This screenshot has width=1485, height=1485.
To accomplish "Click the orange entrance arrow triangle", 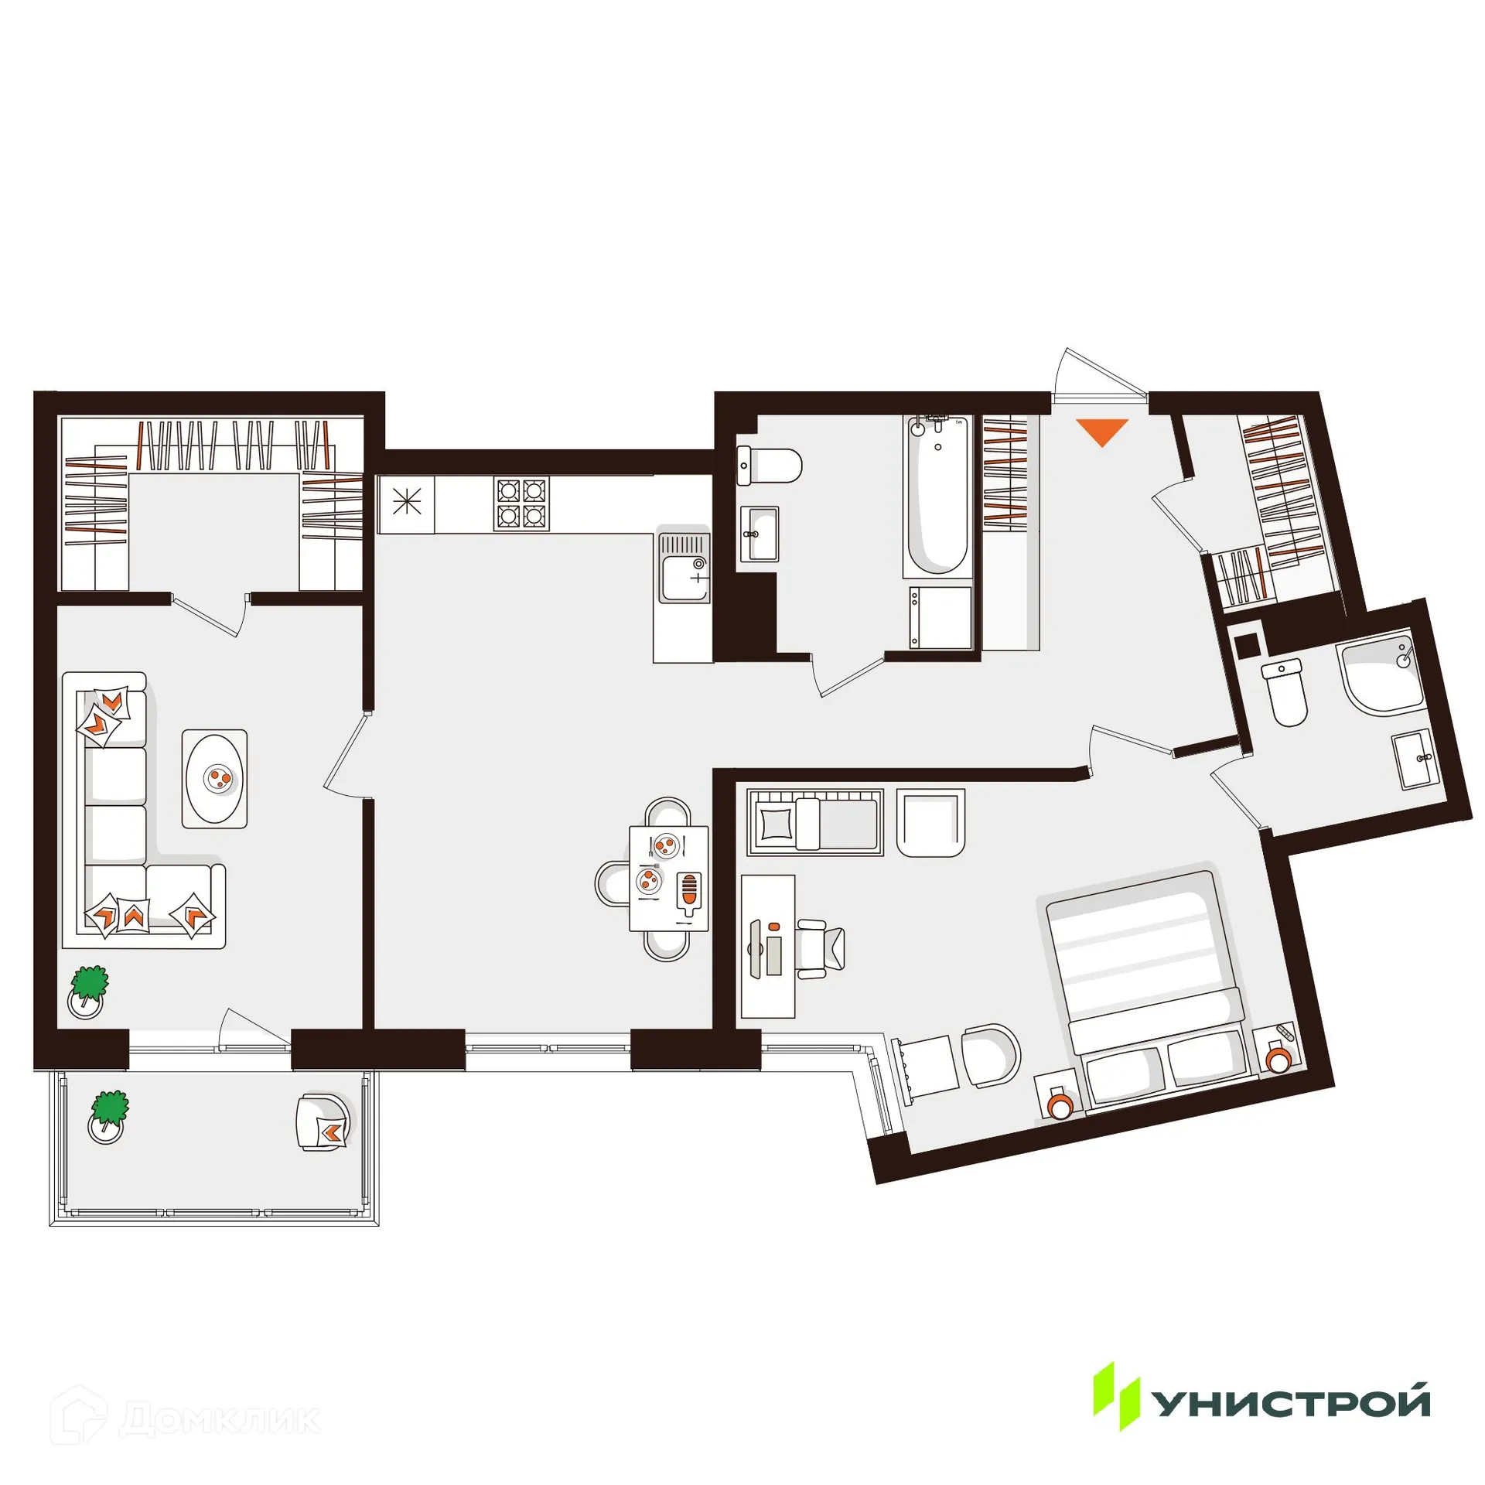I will click(x=1102, y=431).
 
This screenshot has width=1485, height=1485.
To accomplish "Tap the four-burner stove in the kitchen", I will click(x=521, y=504).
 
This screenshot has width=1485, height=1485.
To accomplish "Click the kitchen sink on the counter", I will click(x=684, y=569).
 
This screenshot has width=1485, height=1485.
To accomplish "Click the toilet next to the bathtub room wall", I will click(x=770, y=466).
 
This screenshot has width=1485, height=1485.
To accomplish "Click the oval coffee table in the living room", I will click(x=214, y=779).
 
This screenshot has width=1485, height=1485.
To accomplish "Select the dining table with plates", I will click(x=669, y=879).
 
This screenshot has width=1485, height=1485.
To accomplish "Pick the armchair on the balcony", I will click(x=323, y=1122).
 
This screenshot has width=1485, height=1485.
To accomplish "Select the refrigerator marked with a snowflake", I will click(x=406, y=504).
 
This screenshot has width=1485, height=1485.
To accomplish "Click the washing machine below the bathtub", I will click(x=940, y=617).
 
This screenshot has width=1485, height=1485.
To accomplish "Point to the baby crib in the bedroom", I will click(x=814, y=822).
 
